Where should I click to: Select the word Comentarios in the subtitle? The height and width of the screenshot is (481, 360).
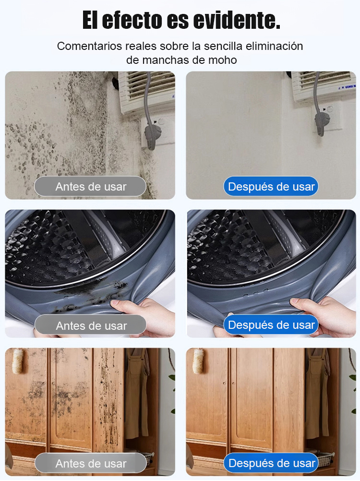coord(89,47)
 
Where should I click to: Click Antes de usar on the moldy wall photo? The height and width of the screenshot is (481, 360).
coord(90,186)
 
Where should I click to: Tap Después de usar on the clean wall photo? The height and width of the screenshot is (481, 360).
coord(271,186)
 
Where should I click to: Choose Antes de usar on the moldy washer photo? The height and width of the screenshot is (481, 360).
coord(91,325)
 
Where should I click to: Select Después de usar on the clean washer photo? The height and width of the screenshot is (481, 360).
coord(271,325)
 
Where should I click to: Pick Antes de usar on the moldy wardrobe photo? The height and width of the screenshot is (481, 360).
coord(91,463)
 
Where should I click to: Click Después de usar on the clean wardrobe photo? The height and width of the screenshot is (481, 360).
coord(271,463)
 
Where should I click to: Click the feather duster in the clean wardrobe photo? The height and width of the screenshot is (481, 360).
coord(198,361)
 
